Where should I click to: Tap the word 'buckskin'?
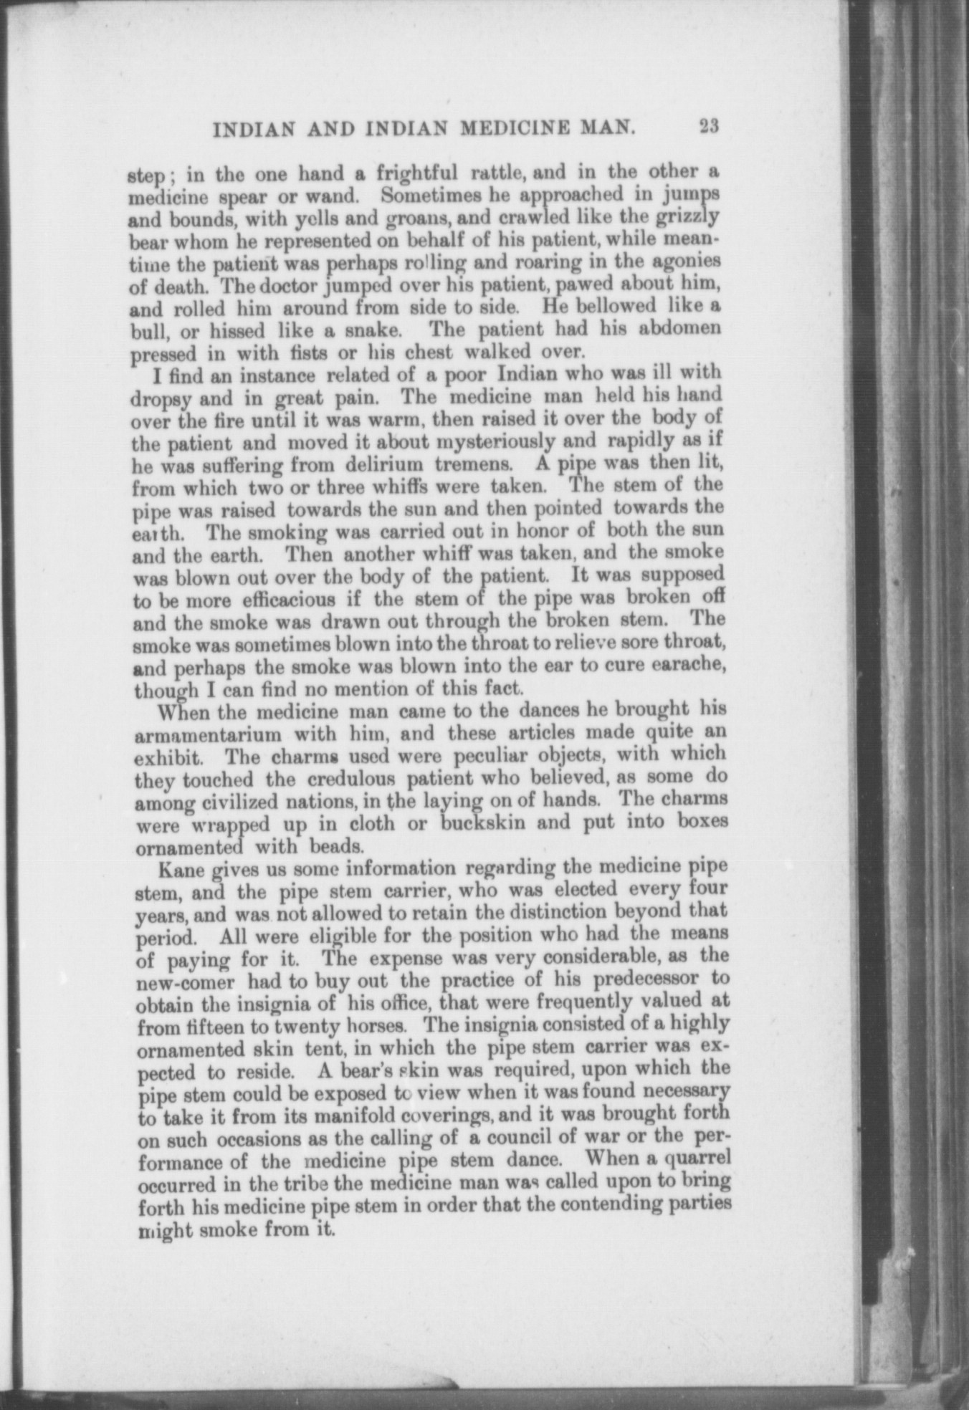[483, 822]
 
